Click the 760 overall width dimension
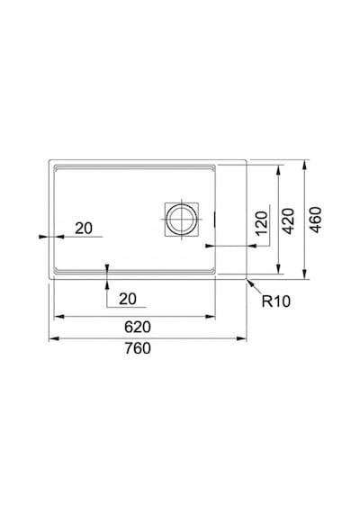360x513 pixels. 138,348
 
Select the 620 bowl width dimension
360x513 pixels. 138,327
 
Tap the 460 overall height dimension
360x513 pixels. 316,220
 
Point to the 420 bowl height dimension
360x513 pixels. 288,220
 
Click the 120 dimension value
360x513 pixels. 262,224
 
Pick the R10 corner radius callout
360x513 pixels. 276,301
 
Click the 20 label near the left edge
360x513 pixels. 84,229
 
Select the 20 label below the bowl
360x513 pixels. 128,299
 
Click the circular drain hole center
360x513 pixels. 182,220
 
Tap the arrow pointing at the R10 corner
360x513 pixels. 255,287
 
